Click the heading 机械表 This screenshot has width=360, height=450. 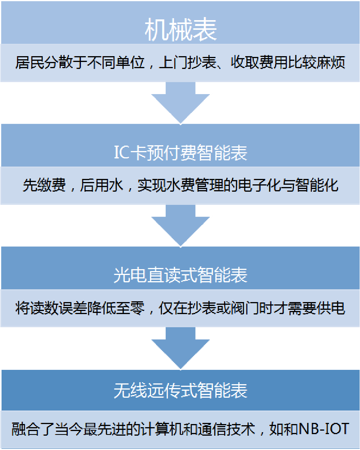coord(180,30)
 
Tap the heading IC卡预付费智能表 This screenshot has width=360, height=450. coord(180,153)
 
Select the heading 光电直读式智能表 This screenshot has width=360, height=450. coord(180,275)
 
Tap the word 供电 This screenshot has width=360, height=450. coord(331,308)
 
